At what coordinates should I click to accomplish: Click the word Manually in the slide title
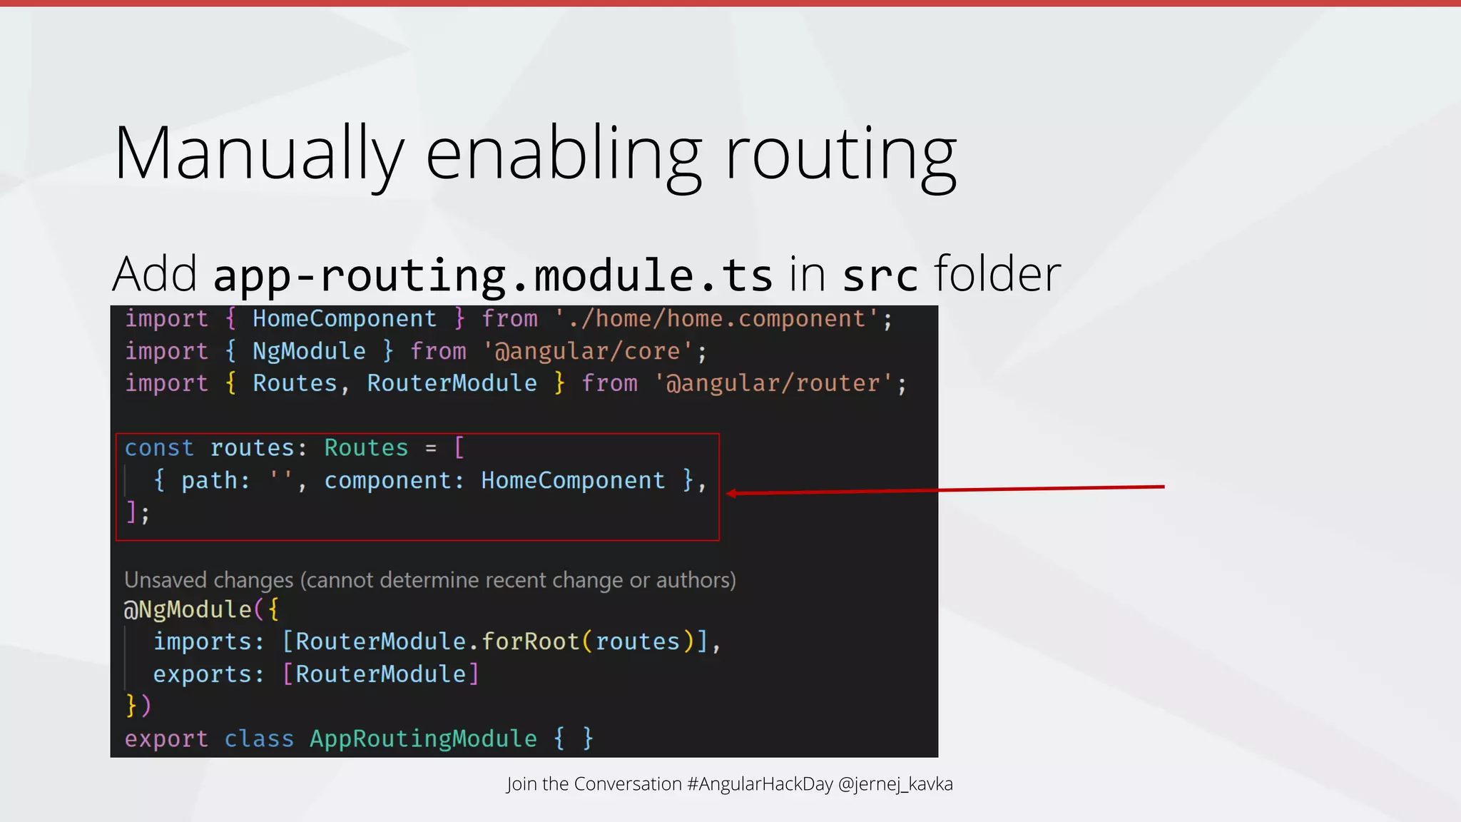pos(258,154)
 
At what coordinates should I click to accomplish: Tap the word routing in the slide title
pos(840,154)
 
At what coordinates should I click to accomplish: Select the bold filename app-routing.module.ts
pos(493,275)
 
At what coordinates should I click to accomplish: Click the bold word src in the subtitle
pos(880,275)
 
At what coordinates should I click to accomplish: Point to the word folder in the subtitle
pos(997,274)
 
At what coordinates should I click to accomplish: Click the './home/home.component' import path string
pos(717,319)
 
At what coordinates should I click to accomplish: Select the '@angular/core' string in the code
pos(589,351)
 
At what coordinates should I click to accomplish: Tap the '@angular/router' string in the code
pos(774,383)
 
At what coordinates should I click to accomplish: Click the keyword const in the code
pos(159,448)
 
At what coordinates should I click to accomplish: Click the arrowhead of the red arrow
pos(732,493)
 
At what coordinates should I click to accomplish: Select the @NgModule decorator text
pos(188,609)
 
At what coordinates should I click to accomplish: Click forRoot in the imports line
pos(530,641)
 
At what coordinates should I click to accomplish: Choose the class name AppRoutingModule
pos(423,739)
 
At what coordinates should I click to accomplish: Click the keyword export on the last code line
pos(166,739)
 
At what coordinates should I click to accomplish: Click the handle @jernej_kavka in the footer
pos(895,784)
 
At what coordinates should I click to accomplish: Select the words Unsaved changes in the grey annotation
pos(208,580)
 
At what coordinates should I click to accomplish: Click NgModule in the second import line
pos(309,351)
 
